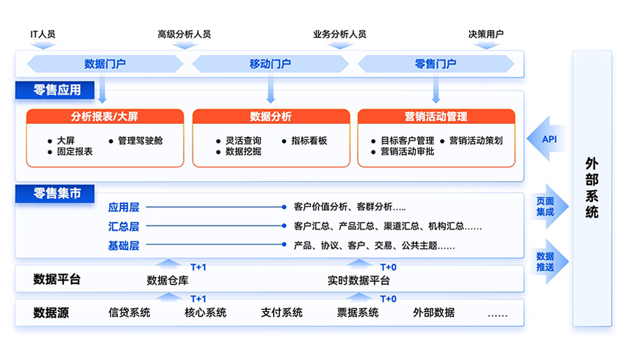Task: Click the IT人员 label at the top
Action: click(x=42, y=34)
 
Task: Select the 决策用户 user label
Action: click(x=486, y=34)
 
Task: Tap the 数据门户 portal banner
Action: click(x=104, y=64)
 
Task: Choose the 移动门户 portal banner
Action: click(x=270, y=64)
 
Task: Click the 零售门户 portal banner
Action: click(x=435, y=64)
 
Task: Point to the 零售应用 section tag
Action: click(x=57, y=90)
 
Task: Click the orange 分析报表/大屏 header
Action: click(x=104, y=116)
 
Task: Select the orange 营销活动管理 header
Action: click(x=436, y=116)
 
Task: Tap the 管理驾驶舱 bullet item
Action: click(x=140, y=141)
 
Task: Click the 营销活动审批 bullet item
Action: click(x=407, y=151)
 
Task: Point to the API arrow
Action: click(x=549, y=139)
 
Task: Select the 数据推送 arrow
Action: click(x=548, y=261)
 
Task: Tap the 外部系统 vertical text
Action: click(x=591, y=188)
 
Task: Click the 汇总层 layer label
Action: click(x=123, y=226)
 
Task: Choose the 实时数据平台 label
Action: click(x=359, y=281)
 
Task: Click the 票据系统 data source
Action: click(x=358, y=313)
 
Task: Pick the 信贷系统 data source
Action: click(x=130, y=313)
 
